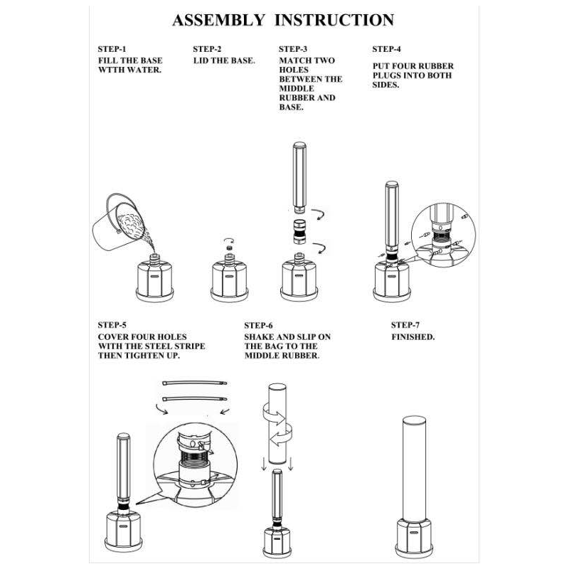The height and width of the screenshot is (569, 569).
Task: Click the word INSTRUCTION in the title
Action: point(334,20)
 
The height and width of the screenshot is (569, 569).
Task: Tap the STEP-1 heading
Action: point(112,50)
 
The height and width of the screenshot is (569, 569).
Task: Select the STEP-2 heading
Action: point(207,50)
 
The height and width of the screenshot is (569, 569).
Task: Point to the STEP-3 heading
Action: point(293,50)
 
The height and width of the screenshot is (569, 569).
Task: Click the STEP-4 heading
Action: point(387,50)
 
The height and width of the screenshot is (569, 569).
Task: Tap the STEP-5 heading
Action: point(112,325)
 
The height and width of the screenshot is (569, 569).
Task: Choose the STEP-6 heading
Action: point(258,325)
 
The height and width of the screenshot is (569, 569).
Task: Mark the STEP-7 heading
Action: point(405,325)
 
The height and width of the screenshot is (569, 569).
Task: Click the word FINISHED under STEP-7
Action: point(413,336)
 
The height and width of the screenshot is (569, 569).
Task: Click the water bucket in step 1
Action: point(117,220)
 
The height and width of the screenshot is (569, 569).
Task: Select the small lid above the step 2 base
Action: point(230,248)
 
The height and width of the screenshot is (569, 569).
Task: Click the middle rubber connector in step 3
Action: point(299,230)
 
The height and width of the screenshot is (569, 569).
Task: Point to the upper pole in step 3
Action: point(299,177)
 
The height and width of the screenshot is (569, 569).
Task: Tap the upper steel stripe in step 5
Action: point(194,383)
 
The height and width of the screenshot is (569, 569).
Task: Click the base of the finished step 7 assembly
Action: point(414,537)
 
